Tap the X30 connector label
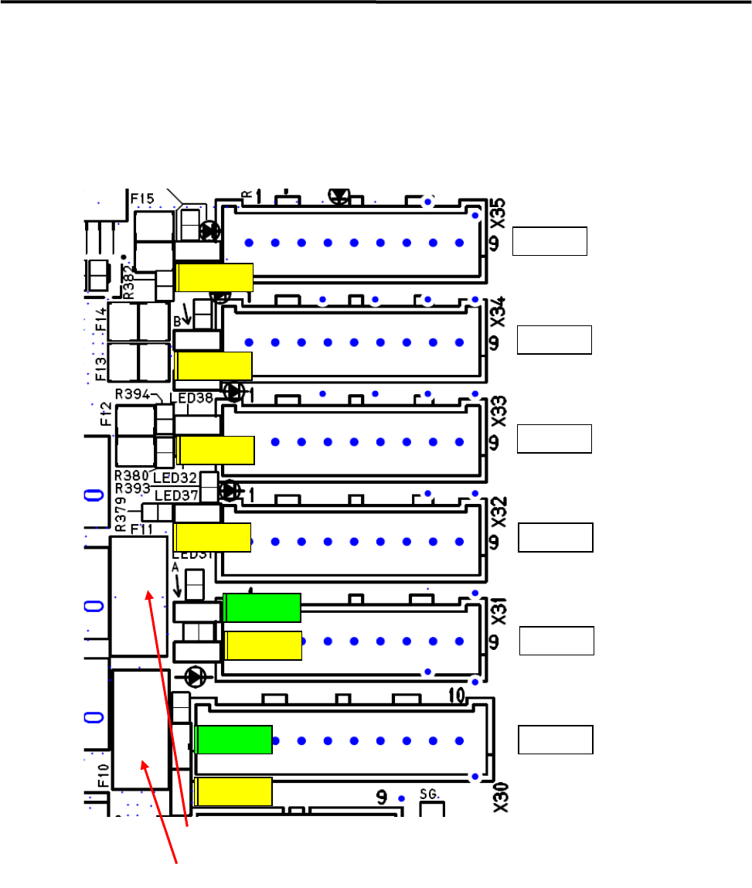tap(500, 797)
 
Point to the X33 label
tap(498, 410)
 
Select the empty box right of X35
tap(551, 241)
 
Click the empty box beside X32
tap(556, 537)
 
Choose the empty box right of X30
tap(556, 740)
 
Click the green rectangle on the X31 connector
tap(261, 607)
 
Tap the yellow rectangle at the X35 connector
tap(215, 277)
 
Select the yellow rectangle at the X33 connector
tap(216, 450)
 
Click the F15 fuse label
tap(142, 199)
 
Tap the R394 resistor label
tap(131, 393)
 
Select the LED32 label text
tap(175, 477)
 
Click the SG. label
tap(429, 793)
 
